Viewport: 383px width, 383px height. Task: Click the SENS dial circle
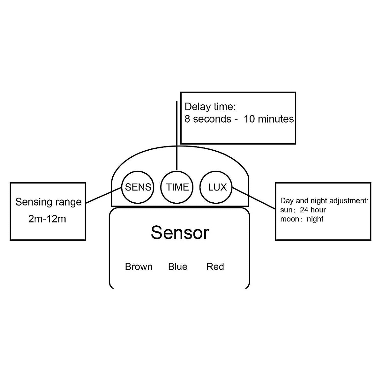pos(122,187)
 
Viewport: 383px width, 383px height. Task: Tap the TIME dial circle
pos(161,187)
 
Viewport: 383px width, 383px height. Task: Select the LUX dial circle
pos(199,187)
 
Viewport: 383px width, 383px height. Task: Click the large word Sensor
pos(180,233)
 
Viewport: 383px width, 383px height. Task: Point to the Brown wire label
pos(139,267)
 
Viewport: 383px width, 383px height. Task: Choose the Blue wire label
pos(178,267)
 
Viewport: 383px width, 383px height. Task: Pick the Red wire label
pos(215,267)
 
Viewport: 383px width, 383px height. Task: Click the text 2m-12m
pos(47,219)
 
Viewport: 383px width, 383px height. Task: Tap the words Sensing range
pos(48,202)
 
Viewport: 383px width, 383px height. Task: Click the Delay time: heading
pos(210,107)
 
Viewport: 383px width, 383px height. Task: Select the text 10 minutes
pos(269,119)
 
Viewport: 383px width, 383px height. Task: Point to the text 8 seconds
pos(208,119)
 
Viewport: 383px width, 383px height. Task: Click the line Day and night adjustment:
pos(324,201)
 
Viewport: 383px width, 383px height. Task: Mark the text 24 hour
pos(313,210)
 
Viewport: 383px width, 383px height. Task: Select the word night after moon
pos(315,219)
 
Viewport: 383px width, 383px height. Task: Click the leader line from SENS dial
pos(103,195)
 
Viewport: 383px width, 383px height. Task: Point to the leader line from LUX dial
pos(254,198)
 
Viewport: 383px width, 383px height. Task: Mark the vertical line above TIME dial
pos(177,136)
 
